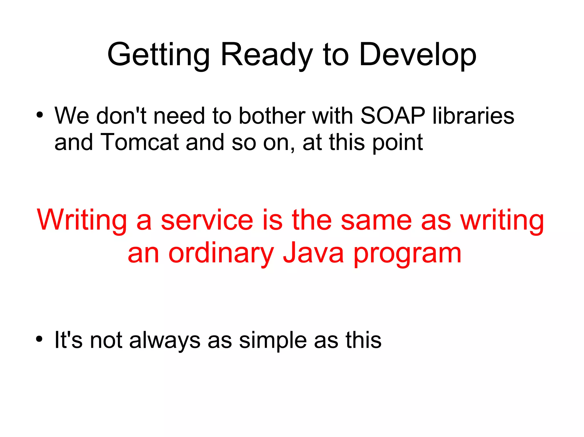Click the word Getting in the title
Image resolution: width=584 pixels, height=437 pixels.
tap(158, 55)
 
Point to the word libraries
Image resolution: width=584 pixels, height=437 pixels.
tap(473, 116)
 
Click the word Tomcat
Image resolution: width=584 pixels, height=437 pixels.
tap(139, 142)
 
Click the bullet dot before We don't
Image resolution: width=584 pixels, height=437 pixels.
tap(40, 115)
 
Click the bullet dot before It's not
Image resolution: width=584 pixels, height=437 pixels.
tap(40, 339)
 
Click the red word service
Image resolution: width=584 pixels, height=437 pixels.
tap(207, 220)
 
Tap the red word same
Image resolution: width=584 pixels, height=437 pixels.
tap(376, 220)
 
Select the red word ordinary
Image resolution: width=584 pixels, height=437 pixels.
tap(221, 253)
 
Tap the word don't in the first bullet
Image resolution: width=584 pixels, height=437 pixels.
tap(121, 116)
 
